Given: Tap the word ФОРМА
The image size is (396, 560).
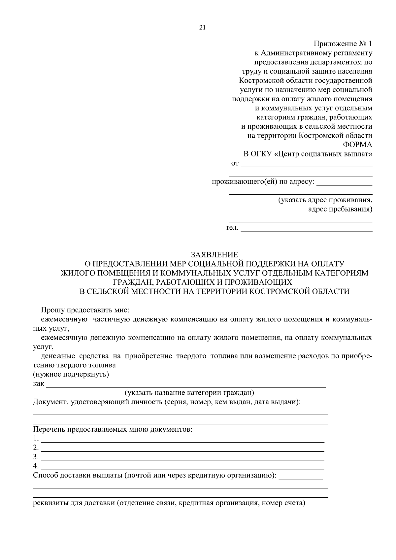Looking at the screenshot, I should pyautogui.click(x=357, y=145).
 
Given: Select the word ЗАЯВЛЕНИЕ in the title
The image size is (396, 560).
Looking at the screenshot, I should pyautogui.click(x=214, y=254).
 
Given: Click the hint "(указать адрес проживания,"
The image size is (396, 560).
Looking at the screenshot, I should pyautogui.click(x=325, y=200).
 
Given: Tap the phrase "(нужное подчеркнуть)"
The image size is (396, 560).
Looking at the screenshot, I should pyautogui.click(x=71, y=375).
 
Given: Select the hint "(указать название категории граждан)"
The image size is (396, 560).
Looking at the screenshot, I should pyautogui.click(x=189, y=393).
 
